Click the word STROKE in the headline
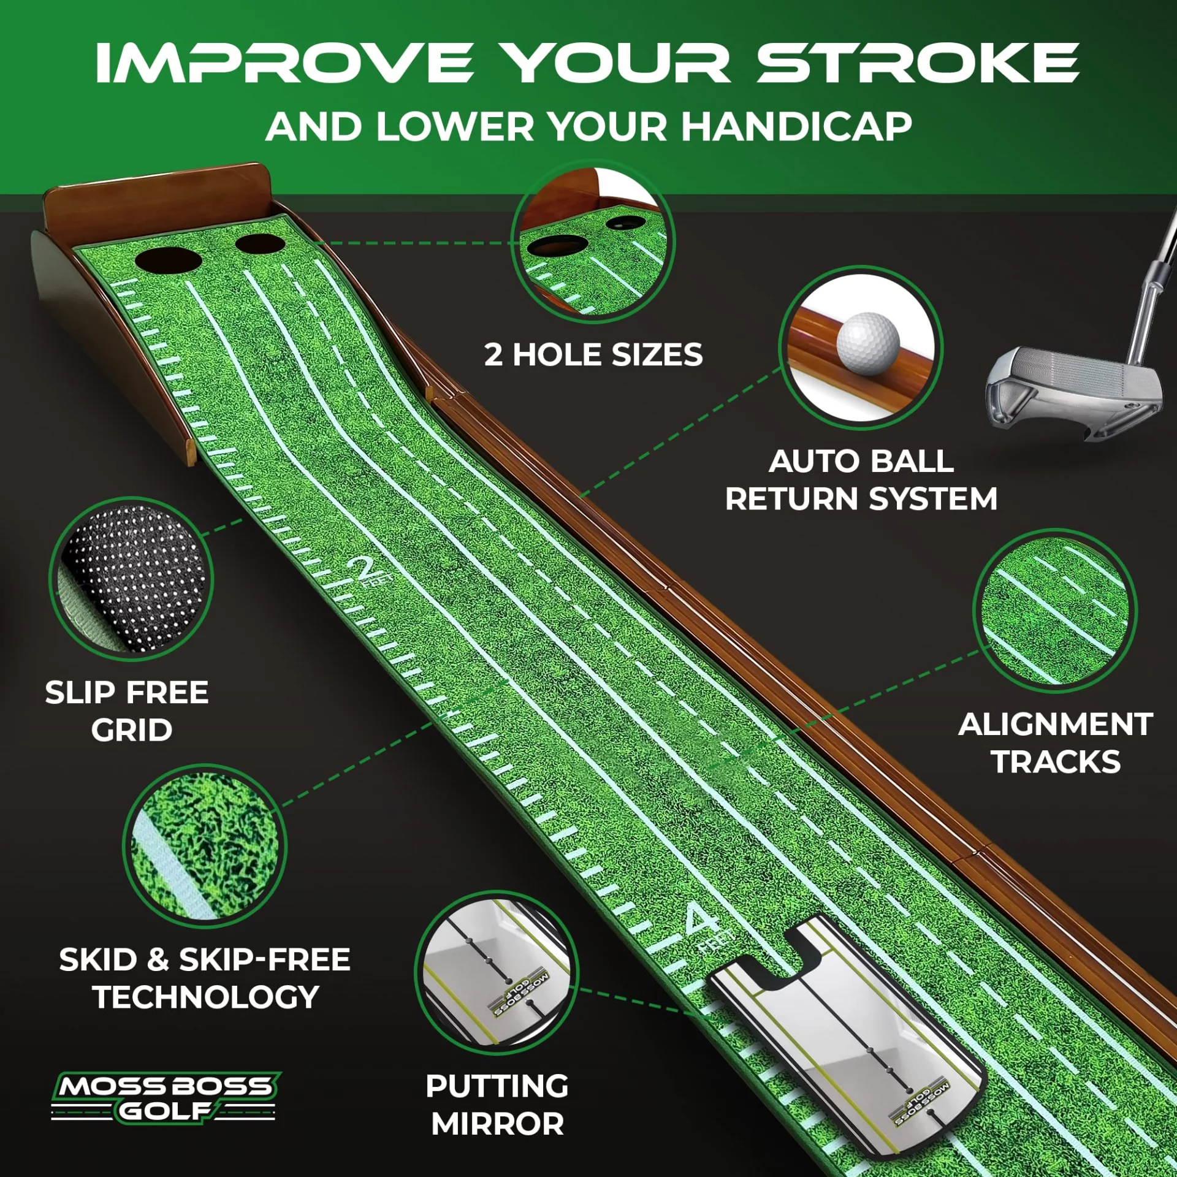point(918,63)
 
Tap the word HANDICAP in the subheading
point(796,127)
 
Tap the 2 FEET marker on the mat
point(368,572)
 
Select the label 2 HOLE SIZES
point(593,355)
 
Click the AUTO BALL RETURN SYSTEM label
point(861,480)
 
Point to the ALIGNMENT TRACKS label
point(1056,743)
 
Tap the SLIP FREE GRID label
point(128,711)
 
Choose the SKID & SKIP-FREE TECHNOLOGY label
point(205,978)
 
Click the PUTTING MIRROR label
point(497,1105)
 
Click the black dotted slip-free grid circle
point(131,579)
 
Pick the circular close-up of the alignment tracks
point(1055,611)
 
